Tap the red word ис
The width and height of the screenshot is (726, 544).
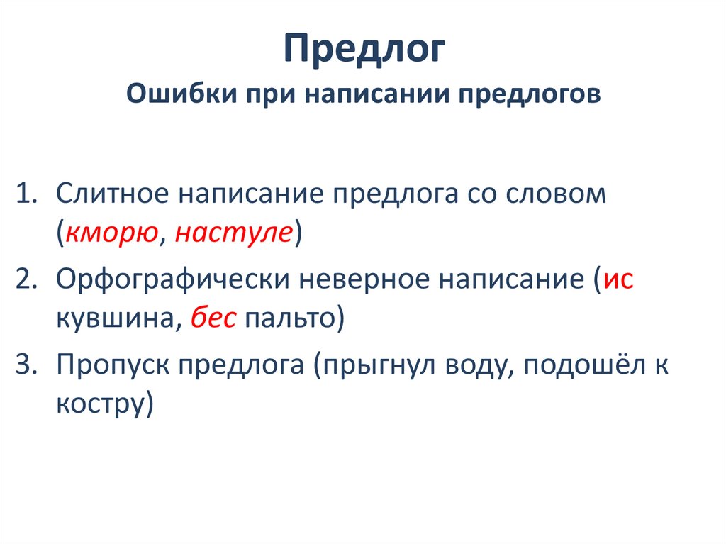point(618,279)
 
